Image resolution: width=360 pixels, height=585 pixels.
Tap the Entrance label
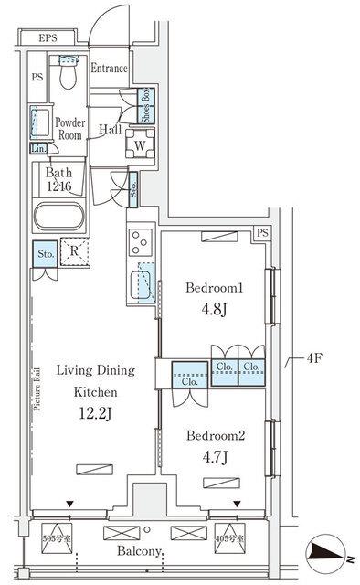[110, 68]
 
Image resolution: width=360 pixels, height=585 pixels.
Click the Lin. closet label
[39, 148]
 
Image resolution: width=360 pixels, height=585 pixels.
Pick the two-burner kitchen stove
[142, 241]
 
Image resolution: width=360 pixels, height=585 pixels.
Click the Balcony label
[141, 552]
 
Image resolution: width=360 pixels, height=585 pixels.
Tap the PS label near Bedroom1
[262, 233]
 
